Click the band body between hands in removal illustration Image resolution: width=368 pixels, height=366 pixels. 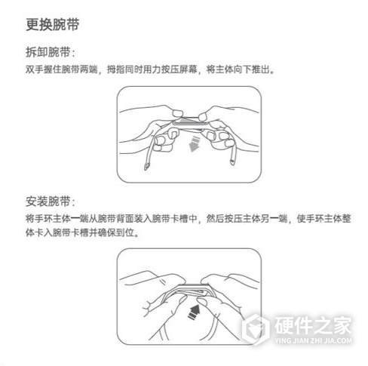pos(189,121)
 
